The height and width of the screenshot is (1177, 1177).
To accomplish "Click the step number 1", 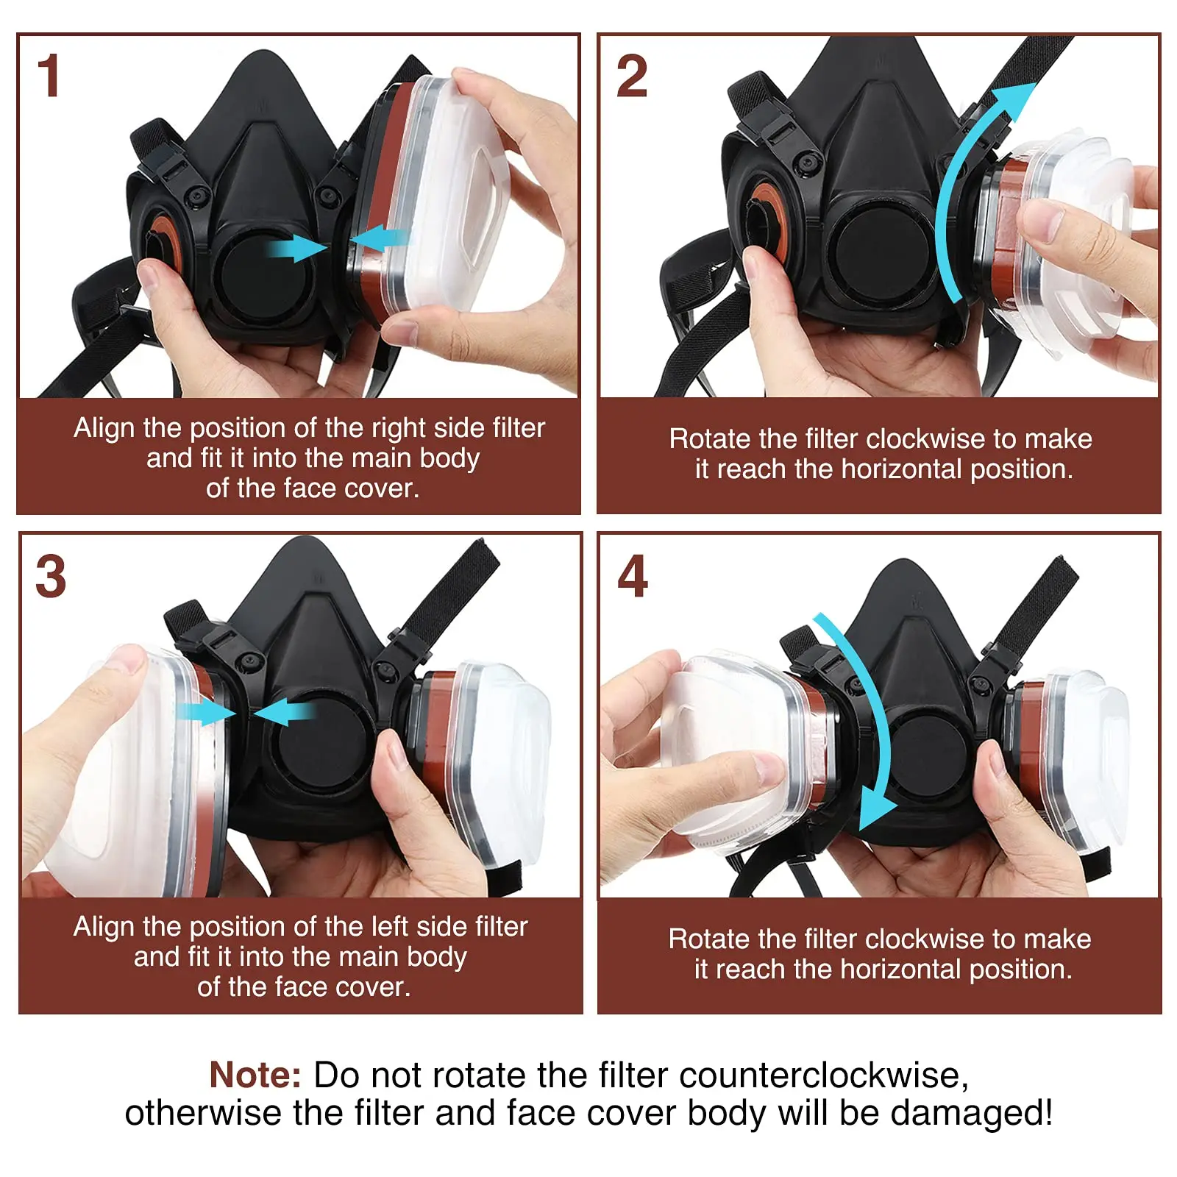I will [x=49, y=76].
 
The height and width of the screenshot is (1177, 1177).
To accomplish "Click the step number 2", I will [x=631, y=76].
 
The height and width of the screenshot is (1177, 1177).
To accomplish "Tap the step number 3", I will [x=50, y=576].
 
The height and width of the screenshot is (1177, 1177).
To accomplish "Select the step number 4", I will [x=632, y=576].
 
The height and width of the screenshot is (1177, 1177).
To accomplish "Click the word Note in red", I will [x=255, y=1075].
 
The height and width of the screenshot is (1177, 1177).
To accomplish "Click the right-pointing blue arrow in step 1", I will [x=298, y=248].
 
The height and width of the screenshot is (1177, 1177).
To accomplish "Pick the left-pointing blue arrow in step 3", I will [x=283, y=712].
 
